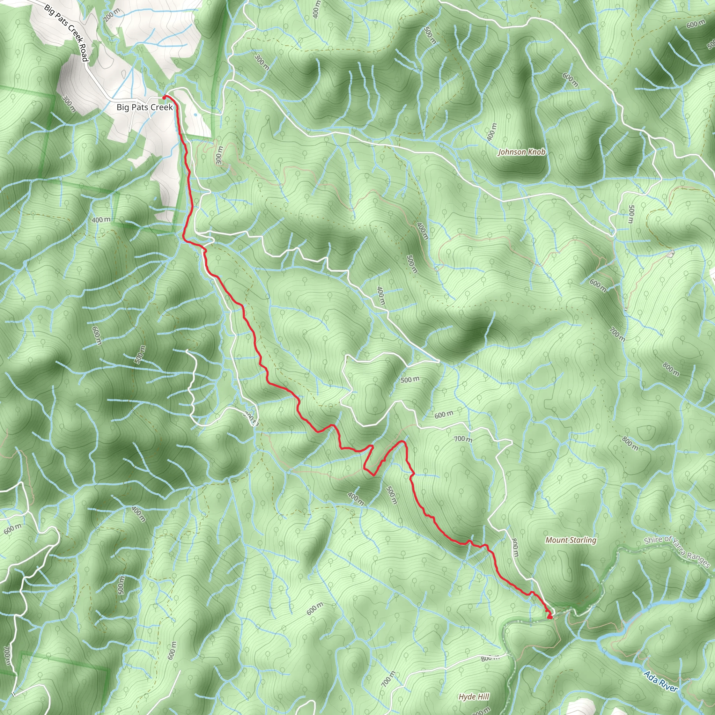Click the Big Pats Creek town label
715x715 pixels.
point(145,107)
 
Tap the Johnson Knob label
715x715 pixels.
point(522,152)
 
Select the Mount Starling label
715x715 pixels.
point(571,540)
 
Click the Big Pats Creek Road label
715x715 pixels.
point(66,32)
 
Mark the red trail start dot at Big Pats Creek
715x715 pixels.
point(164,97)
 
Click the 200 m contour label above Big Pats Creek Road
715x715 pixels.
point(111,15)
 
